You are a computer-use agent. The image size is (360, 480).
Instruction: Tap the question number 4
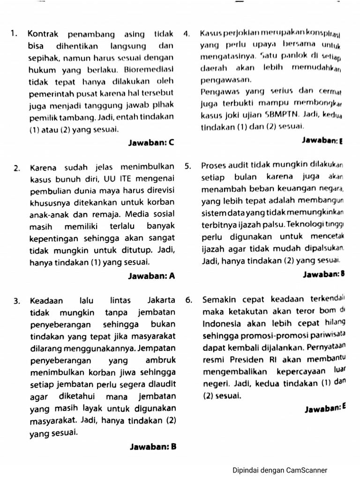[187, 34]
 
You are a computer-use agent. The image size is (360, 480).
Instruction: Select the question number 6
[188, 300]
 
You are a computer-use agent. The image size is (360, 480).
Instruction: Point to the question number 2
[16, 167]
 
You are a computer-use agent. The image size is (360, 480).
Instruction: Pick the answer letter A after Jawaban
[172, 276]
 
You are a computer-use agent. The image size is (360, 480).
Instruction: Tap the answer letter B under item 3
[172, 447]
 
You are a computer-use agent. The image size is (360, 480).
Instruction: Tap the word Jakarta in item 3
[161, 300]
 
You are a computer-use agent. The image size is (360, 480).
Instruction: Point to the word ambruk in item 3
[161, 361]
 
